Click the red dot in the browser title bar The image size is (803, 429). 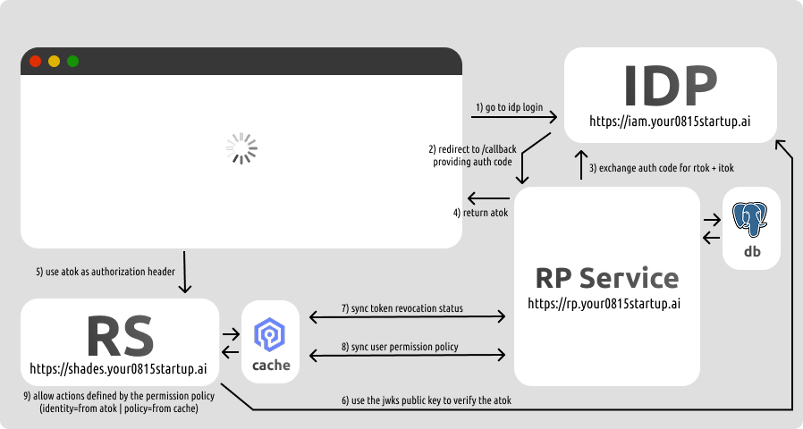(35, 62)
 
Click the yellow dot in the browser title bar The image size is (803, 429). (54, 62)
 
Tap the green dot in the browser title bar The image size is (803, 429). (72, 62)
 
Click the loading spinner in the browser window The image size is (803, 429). (241, 149)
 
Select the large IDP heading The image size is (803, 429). (670, 86)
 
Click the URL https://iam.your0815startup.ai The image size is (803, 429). (670, 121)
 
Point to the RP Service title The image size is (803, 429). (605, 277)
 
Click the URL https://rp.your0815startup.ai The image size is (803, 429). (605, 303)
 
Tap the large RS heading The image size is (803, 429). (120, 336)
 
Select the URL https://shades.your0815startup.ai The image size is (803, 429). (119, 367)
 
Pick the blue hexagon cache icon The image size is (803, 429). (270, 334)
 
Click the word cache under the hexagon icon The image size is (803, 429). (270, 365)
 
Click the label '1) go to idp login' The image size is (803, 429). (508, 107)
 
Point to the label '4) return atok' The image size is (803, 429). (481, 213)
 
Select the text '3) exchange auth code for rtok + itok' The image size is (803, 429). (664, 167)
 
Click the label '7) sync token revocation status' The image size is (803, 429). (402, 308)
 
